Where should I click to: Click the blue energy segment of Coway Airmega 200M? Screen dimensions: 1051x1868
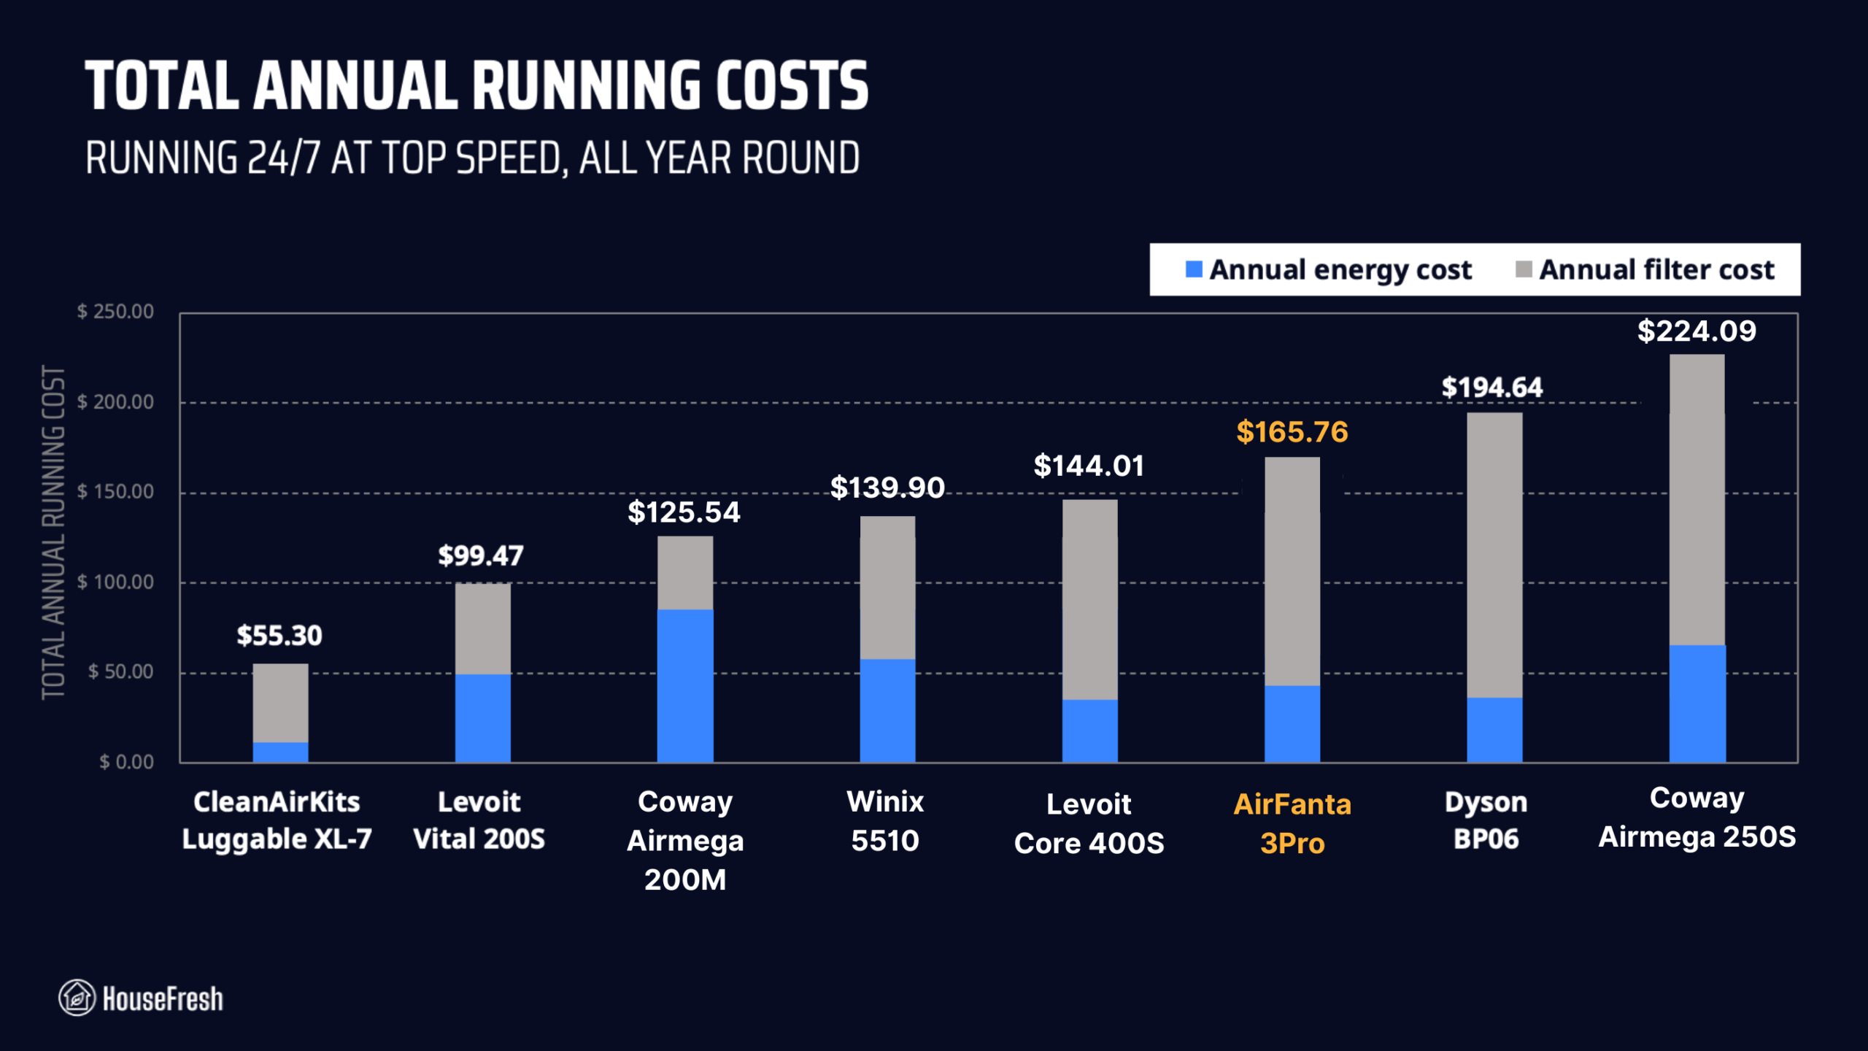684,686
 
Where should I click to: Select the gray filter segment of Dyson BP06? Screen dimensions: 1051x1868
1494,555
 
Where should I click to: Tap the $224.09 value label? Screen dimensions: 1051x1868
1697,331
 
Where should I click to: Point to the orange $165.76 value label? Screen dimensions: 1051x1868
1292,432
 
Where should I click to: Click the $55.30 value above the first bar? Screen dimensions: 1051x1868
279,635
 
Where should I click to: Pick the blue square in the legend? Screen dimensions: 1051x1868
1194,269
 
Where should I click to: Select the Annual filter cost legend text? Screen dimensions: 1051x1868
1656,269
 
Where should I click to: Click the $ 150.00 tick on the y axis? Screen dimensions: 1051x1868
116,492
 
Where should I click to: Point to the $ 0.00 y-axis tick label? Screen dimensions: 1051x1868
126,762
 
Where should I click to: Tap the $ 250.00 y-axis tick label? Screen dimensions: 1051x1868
116,312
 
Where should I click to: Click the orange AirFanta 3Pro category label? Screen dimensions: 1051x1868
1292,823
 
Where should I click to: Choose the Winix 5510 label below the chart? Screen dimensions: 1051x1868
885,821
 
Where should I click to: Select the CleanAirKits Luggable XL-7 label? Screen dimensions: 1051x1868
277,820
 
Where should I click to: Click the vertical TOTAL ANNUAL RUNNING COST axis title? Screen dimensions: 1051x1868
53,533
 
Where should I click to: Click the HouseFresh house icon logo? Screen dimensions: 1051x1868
77,998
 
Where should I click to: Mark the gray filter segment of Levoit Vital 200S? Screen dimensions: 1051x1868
482,628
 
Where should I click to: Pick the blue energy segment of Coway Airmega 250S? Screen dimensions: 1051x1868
1697,704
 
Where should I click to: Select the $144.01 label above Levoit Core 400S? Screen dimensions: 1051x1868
1089,466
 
